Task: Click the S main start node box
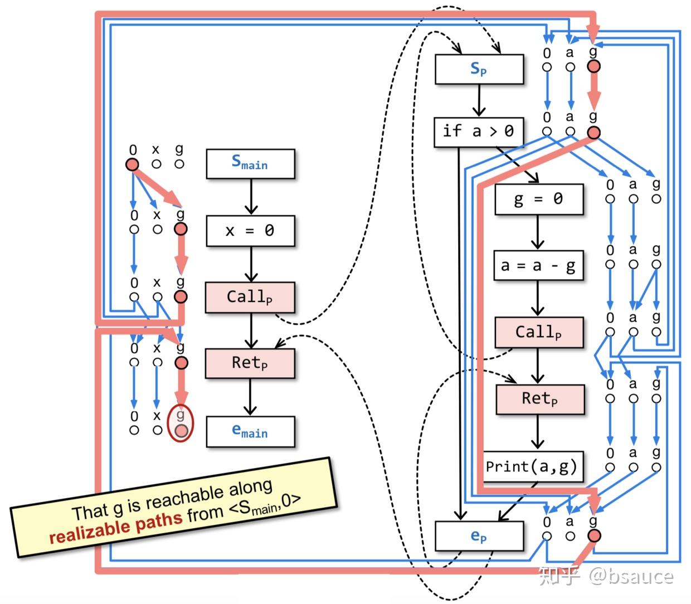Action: point(250,163)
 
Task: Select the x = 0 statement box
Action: point(250,231)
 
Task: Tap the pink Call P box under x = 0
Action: point(250,297)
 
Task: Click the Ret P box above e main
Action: point(250,363)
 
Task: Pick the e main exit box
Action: point(250,431)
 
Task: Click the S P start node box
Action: point(479,69)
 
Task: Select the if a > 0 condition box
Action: point(478,131)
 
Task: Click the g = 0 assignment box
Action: point(538,199)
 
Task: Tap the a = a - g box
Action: point(538,266)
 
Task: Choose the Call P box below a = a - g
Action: point(538,333)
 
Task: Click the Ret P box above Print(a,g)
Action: point(539,399)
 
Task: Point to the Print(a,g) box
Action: point(533,466)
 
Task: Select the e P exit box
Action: point(479,536)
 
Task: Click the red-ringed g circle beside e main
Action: point(181,430)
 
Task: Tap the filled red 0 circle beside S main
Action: point(132,164)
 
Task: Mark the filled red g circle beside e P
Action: point(594,536)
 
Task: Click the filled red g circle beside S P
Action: point(594,67)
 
